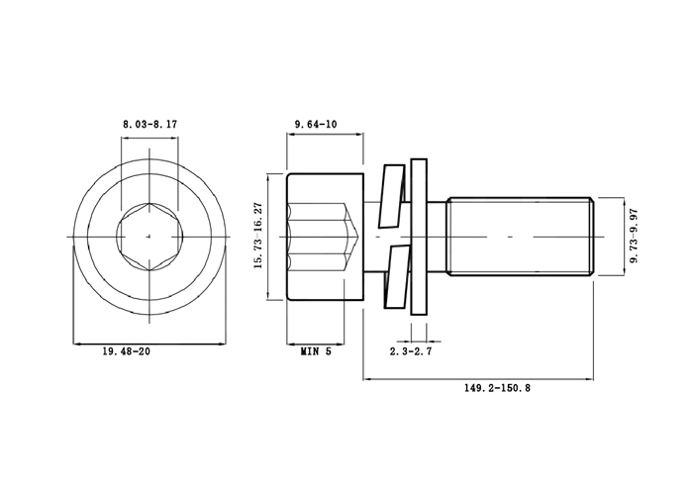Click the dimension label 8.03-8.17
coord(149,124)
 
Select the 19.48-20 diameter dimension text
coord(127,351)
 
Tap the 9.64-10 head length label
coord(316,124)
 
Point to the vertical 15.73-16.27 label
coord(258,236)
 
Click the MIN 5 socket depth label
coord(316,351)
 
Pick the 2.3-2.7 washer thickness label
coord(411,351)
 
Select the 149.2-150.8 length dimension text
coord(497,388)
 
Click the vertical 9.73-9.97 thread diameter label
coord(635,236)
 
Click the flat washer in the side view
coord(419,237)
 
